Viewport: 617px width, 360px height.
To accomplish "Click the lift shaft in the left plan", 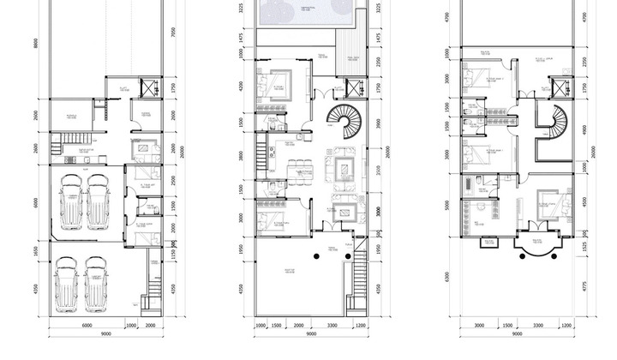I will click(152, 85).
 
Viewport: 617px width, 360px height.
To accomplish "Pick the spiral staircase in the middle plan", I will click(348, 123).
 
